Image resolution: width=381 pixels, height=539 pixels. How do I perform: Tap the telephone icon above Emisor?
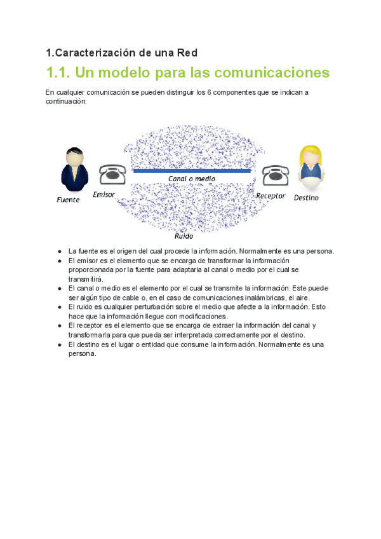click(x=112, y=174)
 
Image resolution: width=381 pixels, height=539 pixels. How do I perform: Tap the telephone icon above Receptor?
click(x=276, y=174)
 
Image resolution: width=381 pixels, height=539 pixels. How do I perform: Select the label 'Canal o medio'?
click(x=191, y=179)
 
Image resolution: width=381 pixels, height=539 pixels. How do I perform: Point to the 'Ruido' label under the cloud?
click(x=184, y=236)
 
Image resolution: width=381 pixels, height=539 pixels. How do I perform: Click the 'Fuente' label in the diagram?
click(x=68, y=200)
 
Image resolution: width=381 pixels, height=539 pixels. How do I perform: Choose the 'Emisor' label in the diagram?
click(x=104, y=194)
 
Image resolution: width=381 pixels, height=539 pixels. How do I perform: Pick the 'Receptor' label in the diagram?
click(x=271, y=196)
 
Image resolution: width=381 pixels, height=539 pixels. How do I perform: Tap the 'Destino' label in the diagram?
click(x=306, y=198)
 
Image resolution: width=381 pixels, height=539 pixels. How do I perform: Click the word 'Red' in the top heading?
click(x=189, y=52)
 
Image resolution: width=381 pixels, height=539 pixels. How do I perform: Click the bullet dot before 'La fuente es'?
click(x=59, y=251)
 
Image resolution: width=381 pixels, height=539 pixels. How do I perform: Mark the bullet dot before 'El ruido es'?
click(x=59, y=306)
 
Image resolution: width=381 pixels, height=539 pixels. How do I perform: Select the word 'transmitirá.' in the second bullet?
click(x=86, y=279)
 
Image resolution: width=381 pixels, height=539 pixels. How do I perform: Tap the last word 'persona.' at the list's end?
click(x=82, y=353)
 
